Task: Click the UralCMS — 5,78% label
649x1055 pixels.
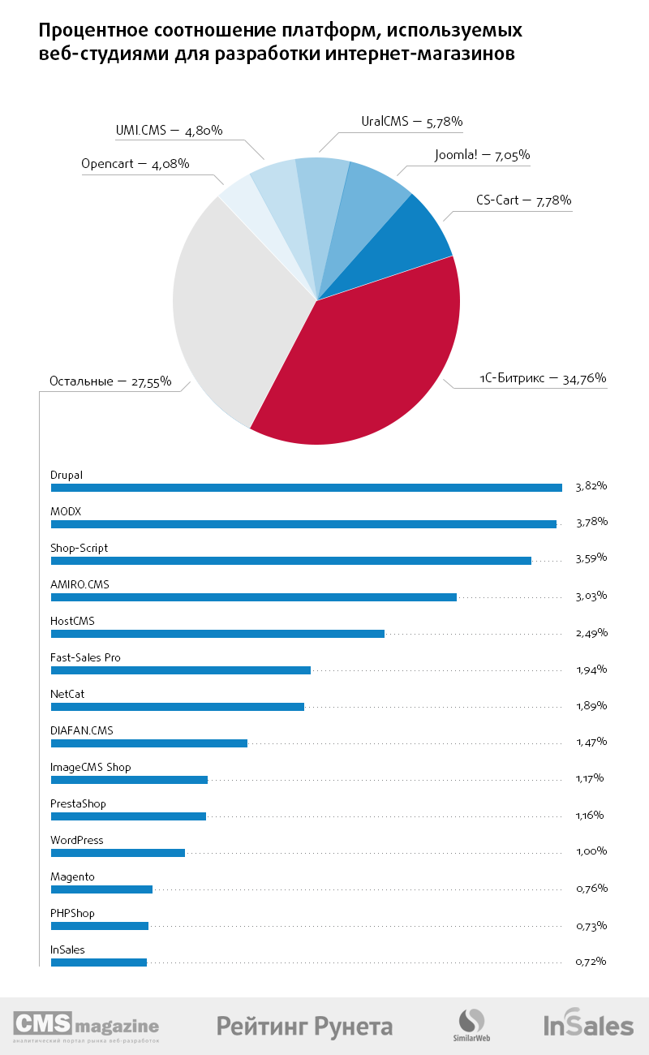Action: click(411, 122)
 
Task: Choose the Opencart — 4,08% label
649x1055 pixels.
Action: click(135, 164)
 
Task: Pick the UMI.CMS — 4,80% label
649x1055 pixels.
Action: click(170, 130)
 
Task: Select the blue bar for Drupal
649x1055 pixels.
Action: click(306, 488)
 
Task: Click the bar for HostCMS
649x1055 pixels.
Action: click(217, 634)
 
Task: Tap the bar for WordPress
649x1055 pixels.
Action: click(118, 853)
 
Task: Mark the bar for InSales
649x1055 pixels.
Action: click(99, 962)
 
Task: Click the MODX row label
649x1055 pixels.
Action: click(67, 511)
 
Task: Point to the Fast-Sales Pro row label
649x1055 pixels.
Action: click(85, 657)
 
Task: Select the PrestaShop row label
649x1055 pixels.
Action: click(78, 803)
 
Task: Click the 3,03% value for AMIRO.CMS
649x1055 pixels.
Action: click(591, 596)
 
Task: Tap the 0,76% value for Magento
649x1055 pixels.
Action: click(591, 888)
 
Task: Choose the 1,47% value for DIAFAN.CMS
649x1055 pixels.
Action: click(591, 742)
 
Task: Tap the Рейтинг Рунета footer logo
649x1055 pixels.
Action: click(304, 1026)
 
